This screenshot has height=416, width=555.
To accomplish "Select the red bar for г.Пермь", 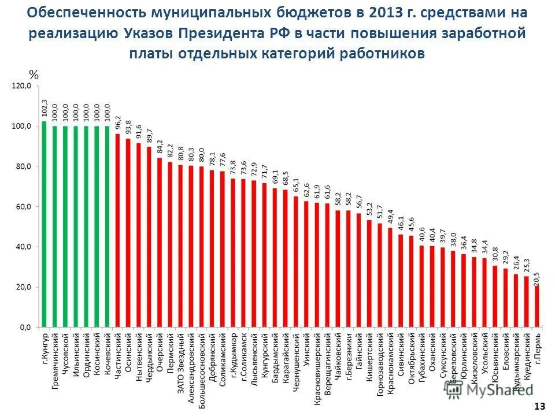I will (x=536, y=306).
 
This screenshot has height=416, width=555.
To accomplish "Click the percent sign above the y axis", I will (x=34, y=75).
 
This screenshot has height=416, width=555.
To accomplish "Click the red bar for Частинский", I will (x=117, y=231).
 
